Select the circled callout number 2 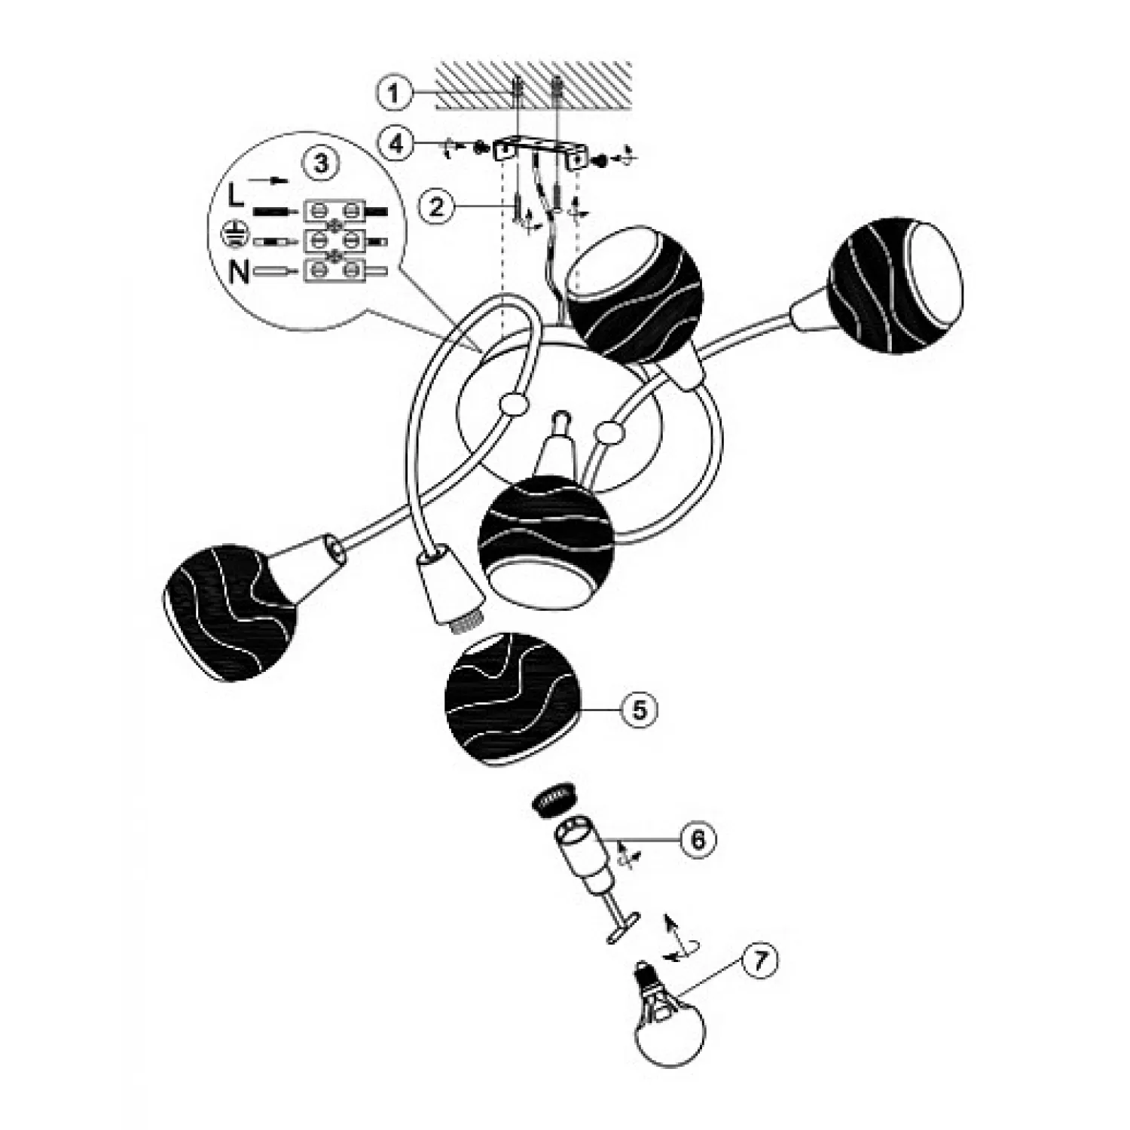438,206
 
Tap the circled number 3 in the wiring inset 321,163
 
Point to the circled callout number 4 397,144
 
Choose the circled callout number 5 639,709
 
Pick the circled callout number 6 698,839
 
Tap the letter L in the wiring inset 237,197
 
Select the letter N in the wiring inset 239,270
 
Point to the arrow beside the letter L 270,180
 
